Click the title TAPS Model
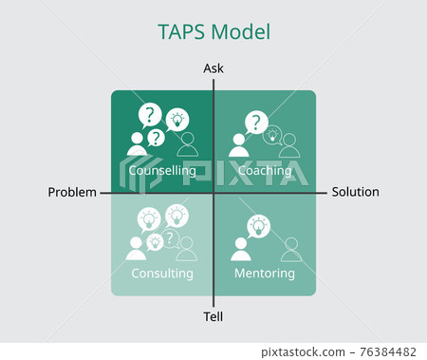coord(213,31)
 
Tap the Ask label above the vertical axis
coord(213,68)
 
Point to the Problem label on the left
coord(72,192)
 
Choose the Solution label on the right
coord(355,192)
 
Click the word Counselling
coord(162,171)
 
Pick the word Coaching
coord(266,171)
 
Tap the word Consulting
coord(162,274)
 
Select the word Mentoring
coord(266,274)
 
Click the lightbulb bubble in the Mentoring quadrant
coord(258,227)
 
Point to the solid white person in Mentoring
coord(240,249)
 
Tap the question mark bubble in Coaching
coord(253,122)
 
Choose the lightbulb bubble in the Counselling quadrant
coord(176,121)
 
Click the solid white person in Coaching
coord(238,145)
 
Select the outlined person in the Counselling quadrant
coord(188,144)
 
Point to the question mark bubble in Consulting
coord(170,238)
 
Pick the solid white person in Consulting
coord(137,249)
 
